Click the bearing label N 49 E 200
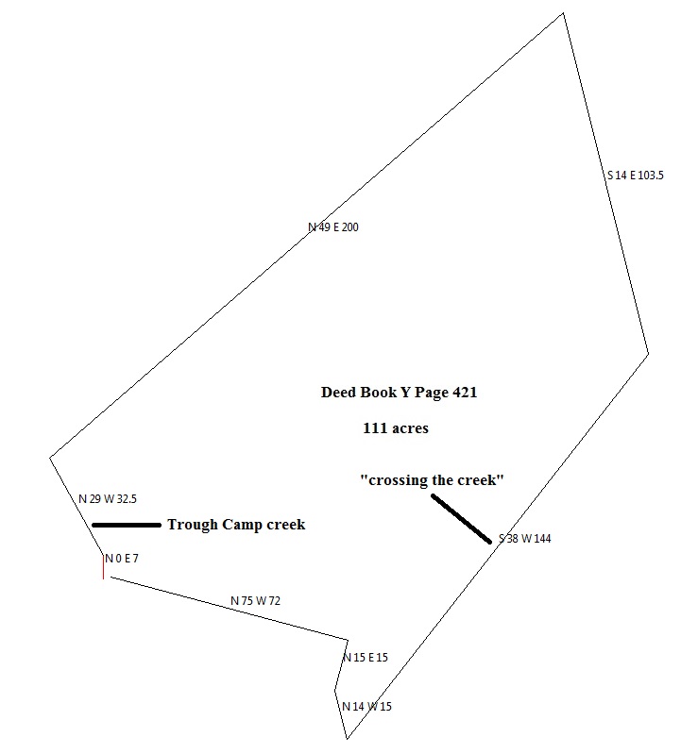coord(333,227)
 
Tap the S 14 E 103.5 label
coord(635,176)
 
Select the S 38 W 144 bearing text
coord(525,540)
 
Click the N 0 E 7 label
coord(122,559)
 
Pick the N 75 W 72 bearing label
coord(257,600)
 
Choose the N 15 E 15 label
coord(366,658)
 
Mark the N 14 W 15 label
coord(367,707)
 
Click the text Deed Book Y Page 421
coord(399,394)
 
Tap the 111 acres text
coord(396,428)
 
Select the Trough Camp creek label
coord(236,526)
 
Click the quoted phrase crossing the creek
coord(432,480)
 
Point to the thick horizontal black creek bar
coord(127,525)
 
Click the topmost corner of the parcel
coord(564,13)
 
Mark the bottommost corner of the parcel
coord(348,739)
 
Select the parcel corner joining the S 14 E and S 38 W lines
coord(648,354)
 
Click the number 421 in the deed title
coord(463,394)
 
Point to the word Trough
coord(191,526)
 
